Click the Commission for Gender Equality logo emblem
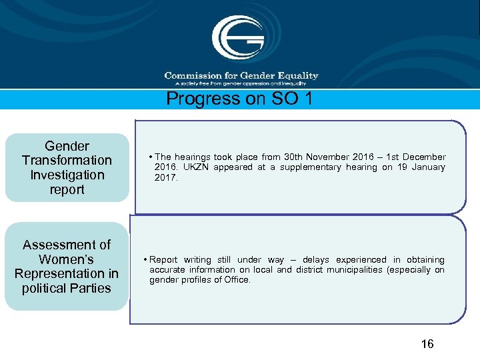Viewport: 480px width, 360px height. [239, 38]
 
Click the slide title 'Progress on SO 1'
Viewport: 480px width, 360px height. [239, 99]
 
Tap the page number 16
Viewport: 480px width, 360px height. [427, 344]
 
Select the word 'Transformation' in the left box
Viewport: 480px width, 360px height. [67, 160]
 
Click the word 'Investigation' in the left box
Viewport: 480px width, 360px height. [67, 175]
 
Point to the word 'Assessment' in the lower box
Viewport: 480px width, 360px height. [67, 245]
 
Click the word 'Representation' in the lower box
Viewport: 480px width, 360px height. [67, 274]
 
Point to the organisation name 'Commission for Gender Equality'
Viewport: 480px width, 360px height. [241, 76]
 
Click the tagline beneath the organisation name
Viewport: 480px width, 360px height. [241, 83]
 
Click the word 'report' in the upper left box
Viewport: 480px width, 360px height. [67, 189]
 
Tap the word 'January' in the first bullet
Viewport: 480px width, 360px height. [429, 167]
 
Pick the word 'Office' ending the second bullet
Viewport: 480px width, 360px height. [237, 280]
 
